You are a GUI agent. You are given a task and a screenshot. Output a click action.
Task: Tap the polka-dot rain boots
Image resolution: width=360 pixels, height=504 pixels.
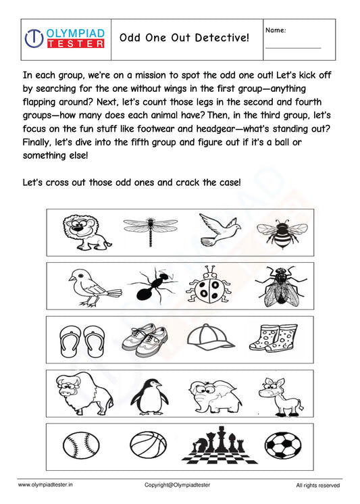[x=274, y=338]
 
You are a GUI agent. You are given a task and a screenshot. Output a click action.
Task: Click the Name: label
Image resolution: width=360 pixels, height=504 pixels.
[x=276, y=30]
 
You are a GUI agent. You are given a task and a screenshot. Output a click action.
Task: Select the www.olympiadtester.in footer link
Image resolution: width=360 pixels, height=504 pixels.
[x=45, y=485]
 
